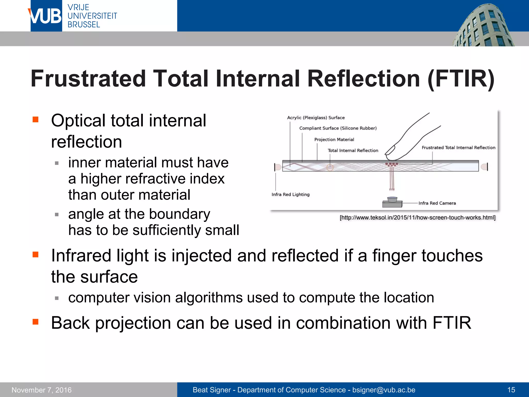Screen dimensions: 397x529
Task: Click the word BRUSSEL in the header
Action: pos(84,25)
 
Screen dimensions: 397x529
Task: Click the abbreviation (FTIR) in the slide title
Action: pos(461,79)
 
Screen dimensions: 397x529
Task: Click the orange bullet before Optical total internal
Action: pos(35,119)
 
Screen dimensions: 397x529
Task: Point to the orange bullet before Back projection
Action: pos(35,322)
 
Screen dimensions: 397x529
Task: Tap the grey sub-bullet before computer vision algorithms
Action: pos(57,298)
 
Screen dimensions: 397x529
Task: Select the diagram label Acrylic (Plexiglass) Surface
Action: pos(316,118)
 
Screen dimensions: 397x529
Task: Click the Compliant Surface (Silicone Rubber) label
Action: pos(338,128)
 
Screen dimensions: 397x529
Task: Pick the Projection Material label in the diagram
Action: pos(334,140)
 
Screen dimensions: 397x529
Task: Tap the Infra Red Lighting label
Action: pos(290,194)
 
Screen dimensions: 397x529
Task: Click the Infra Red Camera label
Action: pos(437,203)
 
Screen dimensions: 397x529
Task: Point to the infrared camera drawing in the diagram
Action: pos(392,202)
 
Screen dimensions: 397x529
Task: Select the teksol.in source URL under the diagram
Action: pos(417,218)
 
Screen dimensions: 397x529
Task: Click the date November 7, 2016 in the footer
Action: pos(42,390)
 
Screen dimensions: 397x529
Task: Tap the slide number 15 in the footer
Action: pos(511,390)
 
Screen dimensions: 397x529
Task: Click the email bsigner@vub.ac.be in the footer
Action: pos(384,390)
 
